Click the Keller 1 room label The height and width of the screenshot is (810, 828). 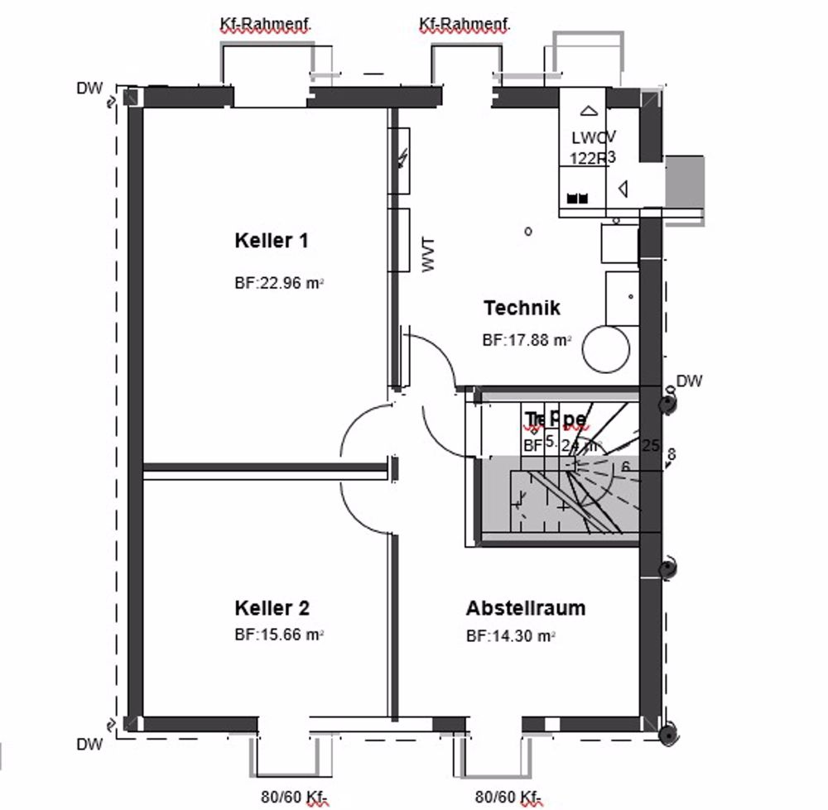[x=272, y=242]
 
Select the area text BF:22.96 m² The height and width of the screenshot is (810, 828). [x=278, y=282]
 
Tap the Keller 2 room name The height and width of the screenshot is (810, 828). [x=272, y=609]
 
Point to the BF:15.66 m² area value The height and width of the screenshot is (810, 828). [x=278, y=635]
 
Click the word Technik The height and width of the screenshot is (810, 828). [x=522, y=309]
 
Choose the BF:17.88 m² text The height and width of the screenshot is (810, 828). [x=527, y=340]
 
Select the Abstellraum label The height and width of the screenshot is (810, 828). [x=526, y=609]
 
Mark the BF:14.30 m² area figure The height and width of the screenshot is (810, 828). [x=509, y=636]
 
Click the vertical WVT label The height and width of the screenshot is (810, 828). [x=429, y=255]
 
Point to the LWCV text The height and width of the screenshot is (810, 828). [x=592, y=138]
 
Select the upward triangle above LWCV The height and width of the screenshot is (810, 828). [x=589, y=111]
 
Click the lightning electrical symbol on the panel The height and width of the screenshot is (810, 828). [x=402, y=158]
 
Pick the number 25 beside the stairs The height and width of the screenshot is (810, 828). [x=651, y=446]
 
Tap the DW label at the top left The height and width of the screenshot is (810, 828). [x=89, y=88]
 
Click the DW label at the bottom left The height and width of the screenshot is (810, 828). [x=89, y=745]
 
